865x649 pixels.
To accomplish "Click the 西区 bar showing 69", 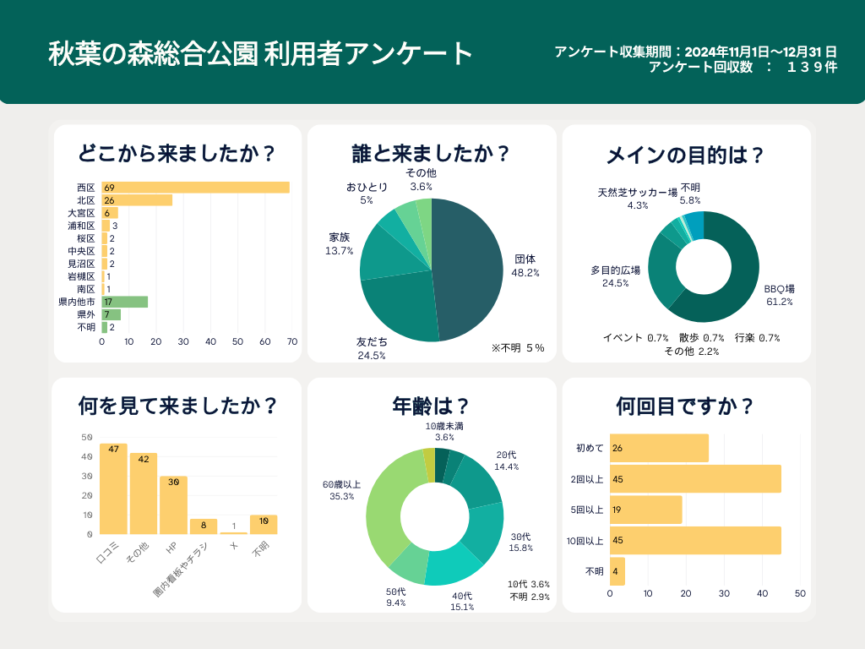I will (195, 188).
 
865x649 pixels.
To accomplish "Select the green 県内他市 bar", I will (125, 302).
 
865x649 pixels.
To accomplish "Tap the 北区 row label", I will (85, 200).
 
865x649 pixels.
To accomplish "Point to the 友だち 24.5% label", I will (372, 349).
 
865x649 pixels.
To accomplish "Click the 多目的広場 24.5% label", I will (615, 276).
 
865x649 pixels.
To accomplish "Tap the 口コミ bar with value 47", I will (113, 488).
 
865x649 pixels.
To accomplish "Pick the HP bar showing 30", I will (173, 504).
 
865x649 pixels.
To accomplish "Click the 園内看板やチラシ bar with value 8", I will (204, 526).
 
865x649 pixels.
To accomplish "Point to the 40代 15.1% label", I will (462, 600).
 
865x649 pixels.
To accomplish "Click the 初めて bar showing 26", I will (659, 448).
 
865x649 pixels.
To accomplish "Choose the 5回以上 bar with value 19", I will (645, 510).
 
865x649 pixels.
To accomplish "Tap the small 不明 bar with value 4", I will (617, 571).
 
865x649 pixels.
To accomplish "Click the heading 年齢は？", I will (431, 406).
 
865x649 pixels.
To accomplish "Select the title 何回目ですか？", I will (685, 406).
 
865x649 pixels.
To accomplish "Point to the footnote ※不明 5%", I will (518, 347).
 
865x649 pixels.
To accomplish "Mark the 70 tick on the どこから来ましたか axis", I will (292, 342).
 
